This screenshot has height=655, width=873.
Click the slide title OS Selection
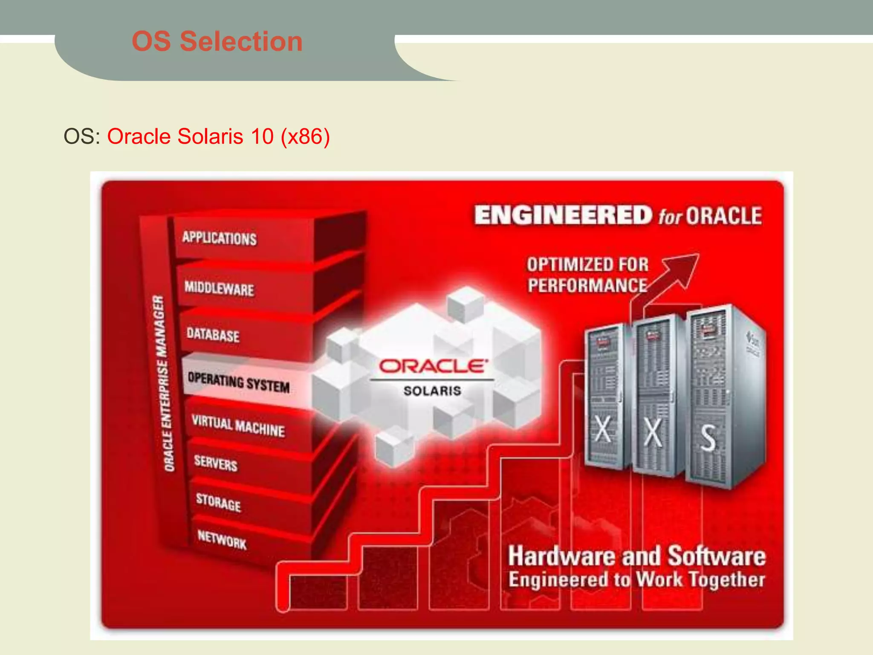point(217,41)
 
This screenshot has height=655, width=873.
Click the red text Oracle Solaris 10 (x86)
point(218,136)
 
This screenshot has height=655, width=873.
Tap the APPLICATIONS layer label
point(220,238)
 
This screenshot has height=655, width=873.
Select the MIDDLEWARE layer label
point(219,288)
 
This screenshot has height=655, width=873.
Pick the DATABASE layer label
point(213,334)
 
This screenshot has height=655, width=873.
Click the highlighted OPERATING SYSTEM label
point(239,382)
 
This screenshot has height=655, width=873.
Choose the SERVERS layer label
point(216,463)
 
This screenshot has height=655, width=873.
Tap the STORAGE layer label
point(218,502)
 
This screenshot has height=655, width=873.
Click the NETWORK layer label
point(222,539)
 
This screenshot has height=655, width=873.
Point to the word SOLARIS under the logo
point(432,391)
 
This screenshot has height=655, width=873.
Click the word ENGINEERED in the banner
point(563,215)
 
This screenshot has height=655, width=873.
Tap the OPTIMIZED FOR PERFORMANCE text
point(587,275)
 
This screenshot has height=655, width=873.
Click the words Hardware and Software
point(637,556)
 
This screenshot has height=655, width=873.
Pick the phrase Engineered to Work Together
point(637,580)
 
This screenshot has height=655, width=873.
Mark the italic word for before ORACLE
point(671,217)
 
